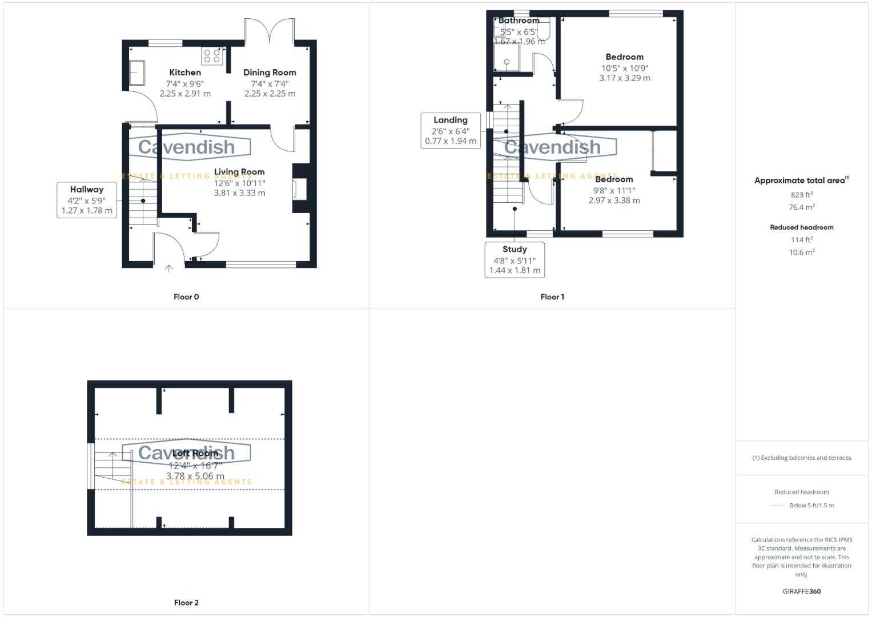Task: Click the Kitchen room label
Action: (x=185, y=73)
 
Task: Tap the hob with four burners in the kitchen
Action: (x=212, y=56)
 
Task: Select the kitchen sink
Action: (x=137, y=72)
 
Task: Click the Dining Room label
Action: (x=270, y=73)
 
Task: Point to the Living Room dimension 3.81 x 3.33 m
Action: (x=239, y=193)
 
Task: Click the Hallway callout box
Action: (x=87, y=200)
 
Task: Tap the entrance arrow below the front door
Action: (x=168, y=268)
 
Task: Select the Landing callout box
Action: (x=451, y=130)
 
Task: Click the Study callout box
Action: (x=515, y=259)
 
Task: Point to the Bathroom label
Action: (x=519, y=21)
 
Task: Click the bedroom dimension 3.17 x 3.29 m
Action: (x=624, y=78)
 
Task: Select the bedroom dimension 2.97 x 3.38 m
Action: (x=614, y=201)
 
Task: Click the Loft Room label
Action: (x=195, y=454)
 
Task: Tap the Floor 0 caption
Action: (x=186, y=297)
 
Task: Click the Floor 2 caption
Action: (x=186, y=603)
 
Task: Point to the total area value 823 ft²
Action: (x=801, y=195)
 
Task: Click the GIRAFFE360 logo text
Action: (x=801, y=591)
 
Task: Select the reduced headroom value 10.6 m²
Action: (x=801, y=253)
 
